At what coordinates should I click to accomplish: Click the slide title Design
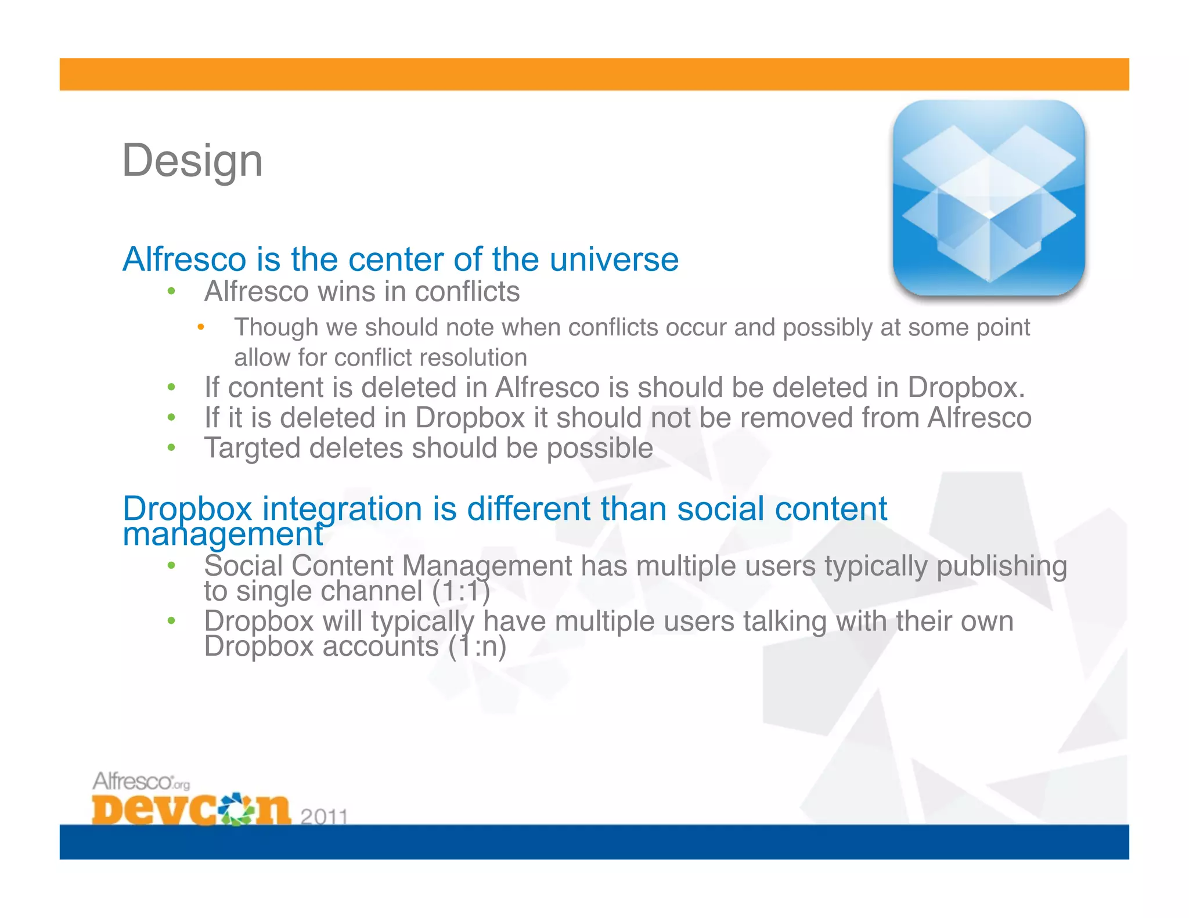pos(192,161)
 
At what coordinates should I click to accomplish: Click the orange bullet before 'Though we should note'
pos(200,327)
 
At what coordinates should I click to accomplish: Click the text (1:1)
pos(461,591)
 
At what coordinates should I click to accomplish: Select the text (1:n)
pos(477,646)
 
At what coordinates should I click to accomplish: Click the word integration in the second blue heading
pos(342,509)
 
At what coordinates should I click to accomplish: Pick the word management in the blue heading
pos(222,534)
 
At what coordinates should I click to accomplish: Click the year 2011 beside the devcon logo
pos(324,816)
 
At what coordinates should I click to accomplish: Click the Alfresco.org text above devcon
pos(141,781)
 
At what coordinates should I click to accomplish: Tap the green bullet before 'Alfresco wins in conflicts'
pos(171,291)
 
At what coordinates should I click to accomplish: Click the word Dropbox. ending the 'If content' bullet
pos(966,388)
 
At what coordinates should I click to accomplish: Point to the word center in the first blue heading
pos(396,259)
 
